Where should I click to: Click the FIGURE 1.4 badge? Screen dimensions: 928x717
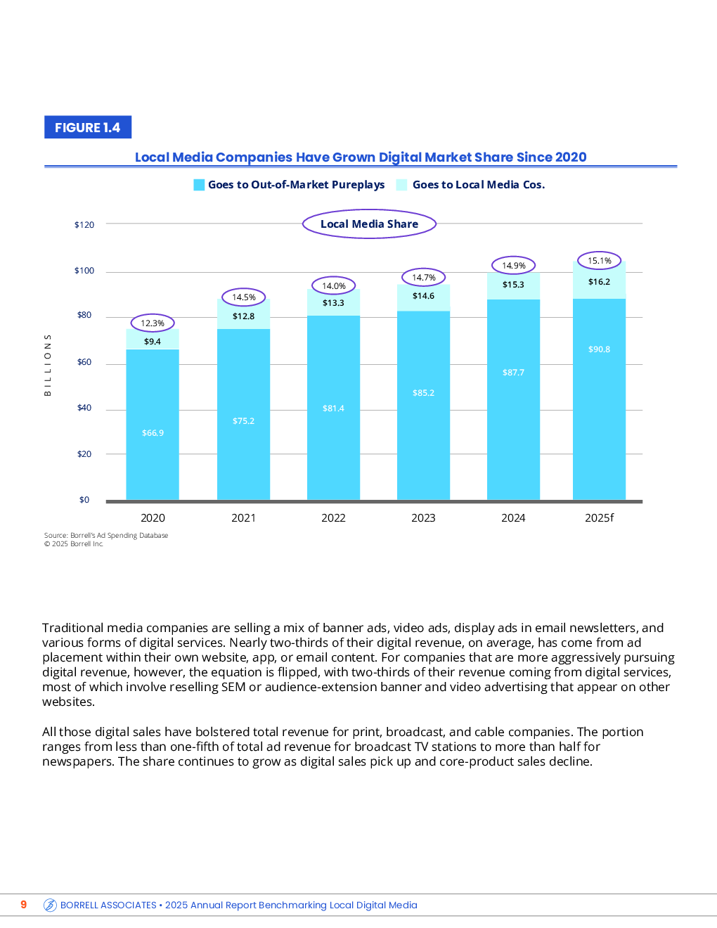(x=88, y=127)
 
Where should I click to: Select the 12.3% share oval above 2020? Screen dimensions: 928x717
(x=153, y=323)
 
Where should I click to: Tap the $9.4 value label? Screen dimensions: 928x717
(x=153, y=342)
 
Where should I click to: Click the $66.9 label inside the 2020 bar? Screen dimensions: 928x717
(x=153, y=433)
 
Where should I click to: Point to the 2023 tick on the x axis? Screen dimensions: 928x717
(x=423, y=518)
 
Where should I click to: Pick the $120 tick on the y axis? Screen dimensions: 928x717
(x=84, y=225)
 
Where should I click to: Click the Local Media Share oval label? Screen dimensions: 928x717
(x=369, y=224)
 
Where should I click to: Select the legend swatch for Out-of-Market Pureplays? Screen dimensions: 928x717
(x=199, y=185)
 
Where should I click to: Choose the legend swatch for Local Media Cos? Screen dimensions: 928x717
(x=402, y=185)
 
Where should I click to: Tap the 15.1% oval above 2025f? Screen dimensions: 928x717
(x=600, y=261)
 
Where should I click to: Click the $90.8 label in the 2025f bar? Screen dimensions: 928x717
(x=599, y=349)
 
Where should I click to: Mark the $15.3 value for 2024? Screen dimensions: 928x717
(x=513, y=285)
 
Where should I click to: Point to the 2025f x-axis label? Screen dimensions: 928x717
(x=599, y=518)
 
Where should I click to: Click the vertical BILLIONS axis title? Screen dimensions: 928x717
(x=48, y=365)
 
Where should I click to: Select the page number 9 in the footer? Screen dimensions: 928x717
(x=24, y=905)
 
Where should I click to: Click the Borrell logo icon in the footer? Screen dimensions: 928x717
(x=50, y=906)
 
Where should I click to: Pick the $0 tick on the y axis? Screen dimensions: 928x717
(x=84, y=500)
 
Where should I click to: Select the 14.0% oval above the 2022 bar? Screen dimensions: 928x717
(x=334, y=286)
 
